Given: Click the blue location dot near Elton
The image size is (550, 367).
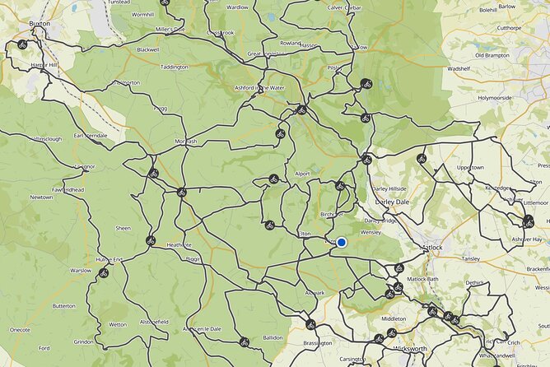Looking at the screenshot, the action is click(341, 242).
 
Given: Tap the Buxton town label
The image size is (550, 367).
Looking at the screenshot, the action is click(40, 24).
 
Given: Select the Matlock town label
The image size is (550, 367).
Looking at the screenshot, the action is click(431, 247).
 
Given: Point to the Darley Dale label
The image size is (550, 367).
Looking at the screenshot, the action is click(391, 200).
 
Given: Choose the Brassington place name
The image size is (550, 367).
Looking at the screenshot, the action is click(318, 342).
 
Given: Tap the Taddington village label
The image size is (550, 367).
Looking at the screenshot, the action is click(174, 67).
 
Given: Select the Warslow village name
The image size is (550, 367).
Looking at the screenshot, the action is click(81, 270).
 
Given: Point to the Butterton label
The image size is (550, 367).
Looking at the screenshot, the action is click(63, 305).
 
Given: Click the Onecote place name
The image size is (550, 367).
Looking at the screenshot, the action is click(20, 330).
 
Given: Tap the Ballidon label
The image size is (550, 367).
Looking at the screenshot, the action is click(273, 337).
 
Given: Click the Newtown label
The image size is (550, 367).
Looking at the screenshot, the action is click(41, 197).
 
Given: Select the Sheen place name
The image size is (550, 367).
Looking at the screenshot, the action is click(124, 228).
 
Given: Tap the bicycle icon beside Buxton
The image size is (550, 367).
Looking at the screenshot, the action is click(22, 44).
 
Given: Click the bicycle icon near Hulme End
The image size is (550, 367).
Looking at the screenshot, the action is click(103, 272).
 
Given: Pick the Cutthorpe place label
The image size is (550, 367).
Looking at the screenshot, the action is click(510, 27).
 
